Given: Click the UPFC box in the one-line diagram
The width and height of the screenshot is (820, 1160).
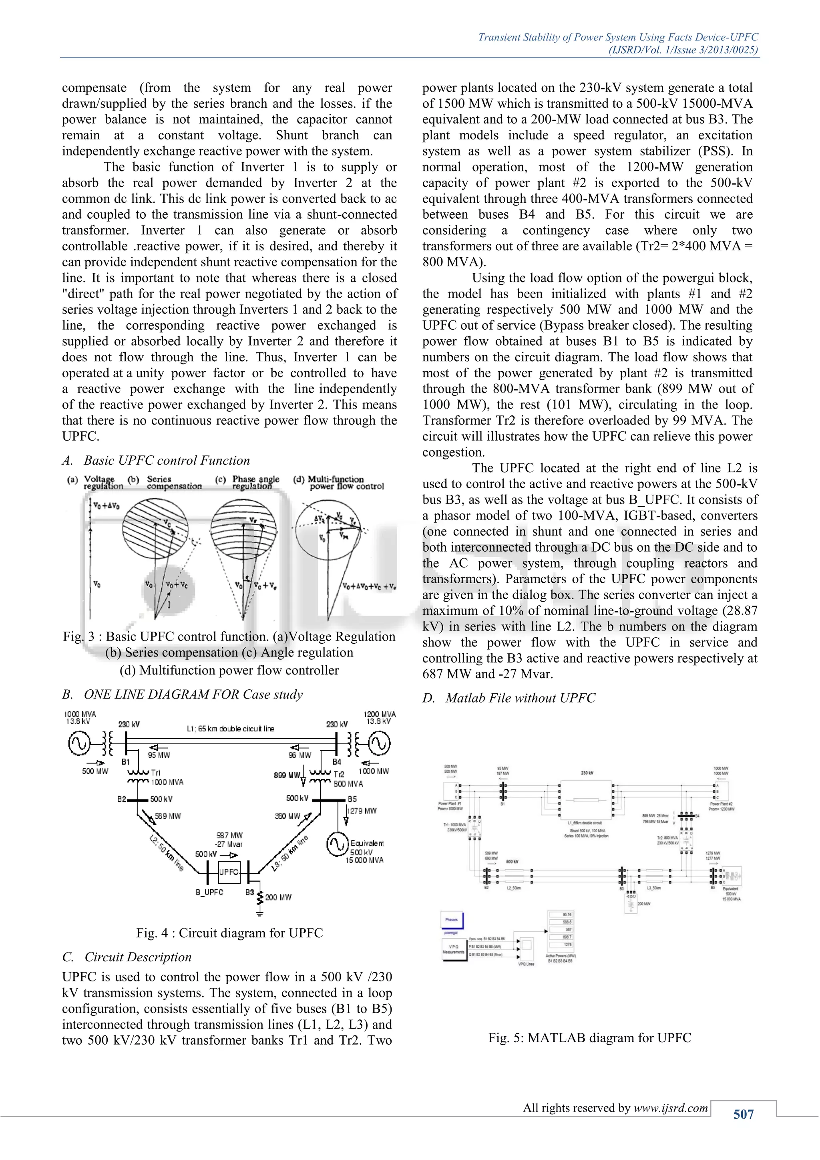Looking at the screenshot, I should [229, 872].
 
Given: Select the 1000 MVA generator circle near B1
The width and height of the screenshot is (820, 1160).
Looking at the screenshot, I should [79, 744].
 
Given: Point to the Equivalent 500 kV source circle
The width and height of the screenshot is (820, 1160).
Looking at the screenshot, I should [337, 845].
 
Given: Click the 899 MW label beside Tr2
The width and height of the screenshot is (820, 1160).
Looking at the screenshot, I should [287, 775].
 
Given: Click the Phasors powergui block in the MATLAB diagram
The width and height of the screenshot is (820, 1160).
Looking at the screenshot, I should [452, 920].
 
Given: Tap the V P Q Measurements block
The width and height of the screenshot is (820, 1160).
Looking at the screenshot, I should [453, 949].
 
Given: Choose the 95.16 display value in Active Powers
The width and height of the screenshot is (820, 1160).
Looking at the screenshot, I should [567, 914].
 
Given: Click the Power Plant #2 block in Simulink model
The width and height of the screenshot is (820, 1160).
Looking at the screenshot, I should [722, 791].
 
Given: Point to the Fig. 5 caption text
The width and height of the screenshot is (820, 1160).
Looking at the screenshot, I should [589, 1038].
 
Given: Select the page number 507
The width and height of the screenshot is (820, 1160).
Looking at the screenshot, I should [743, 1114].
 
